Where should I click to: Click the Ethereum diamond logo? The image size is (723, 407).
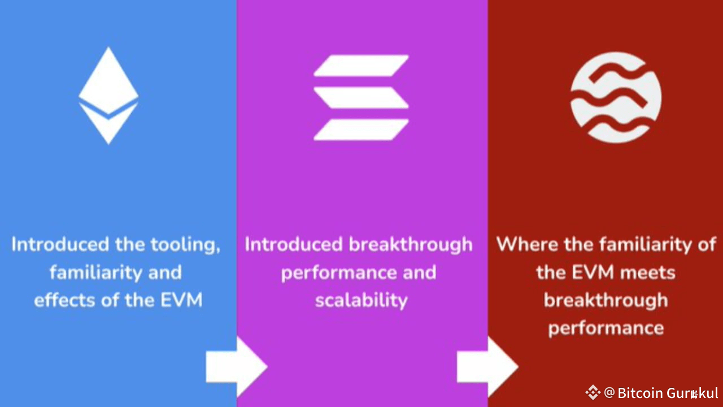pyautogui.click(x=108, y=95)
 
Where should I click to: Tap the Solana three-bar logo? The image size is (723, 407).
pyautogui.click(x=361, y=97)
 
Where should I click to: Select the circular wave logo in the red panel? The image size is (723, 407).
pyautogui.click(x=616, y=97)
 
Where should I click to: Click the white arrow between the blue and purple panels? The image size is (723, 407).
pyautogui.click(x=236, y=366)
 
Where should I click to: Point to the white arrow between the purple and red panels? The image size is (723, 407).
pyautogui.click(x=487, y=366)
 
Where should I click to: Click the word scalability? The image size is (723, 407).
pyautogui.click(x=361, y=300)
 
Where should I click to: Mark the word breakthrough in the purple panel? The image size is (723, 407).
pyautogui.click(x=410, y=245)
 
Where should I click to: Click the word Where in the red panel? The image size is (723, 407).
pyautogui.click(x=524, y=245)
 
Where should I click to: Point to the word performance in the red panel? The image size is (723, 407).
pyautogui.click(x=606, y=328)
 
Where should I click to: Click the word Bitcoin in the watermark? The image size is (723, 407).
pyautogui.click(x=640, y=393)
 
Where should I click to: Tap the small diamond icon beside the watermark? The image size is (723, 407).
pyautogui.click(x=593, y=392)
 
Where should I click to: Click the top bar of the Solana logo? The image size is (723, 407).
pyautogui.click(x=361, y=66)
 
